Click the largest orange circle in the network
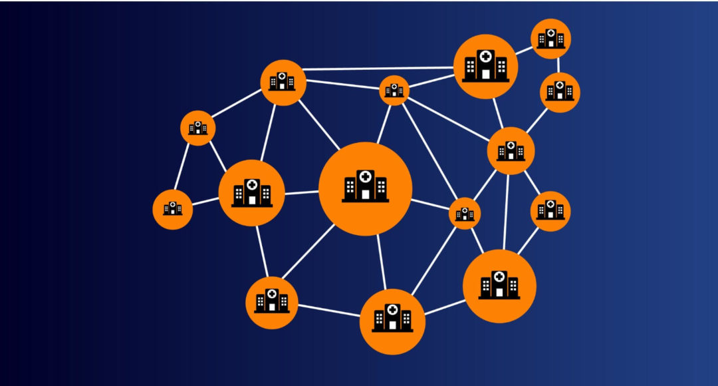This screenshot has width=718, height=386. coord(365,189)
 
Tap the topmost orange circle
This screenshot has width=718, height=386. coord(551,39)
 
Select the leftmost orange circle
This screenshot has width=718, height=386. coord(173,210)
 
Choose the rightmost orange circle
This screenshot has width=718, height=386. coord(560,92)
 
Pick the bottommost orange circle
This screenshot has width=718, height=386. coord(392,321)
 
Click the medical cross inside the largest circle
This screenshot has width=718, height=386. coord(365,177)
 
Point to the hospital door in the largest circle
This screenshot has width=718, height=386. coord(365,194)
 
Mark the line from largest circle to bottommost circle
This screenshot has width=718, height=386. coord(381,262)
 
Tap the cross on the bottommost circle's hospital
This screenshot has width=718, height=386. coord(392,310)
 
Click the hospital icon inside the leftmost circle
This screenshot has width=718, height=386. coord(173,208)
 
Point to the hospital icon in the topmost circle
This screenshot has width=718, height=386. coord(551,38)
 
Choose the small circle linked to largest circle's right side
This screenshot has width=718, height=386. coord(465,214)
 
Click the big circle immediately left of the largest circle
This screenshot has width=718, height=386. coord(251,192)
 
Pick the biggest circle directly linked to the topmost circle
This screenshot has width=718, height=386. coord(485,67)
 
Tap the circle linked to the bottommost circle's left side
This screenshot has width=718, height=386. coord(271,303)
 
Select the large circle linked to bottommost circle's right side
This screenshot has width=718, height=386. coord(499,286)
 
